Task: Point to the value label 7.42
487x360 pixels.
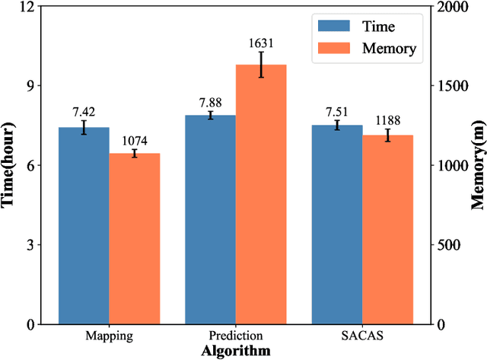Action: pos(84,112)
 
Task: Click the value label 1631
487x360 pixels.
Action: pos(261,43)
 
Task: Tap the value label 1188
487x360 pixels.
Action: pos(387,120)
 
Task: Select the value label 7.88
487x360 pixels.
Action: pos(210,102)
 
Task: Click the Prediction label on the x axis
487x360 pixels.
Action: pos(236,336)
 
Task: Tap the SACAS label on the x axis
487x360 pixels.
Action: pos(362,336)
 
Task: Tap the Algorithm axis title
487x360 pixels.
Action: pos(236,351)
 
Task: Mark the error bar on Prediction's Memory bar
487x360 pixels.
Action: pos(261,65)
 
